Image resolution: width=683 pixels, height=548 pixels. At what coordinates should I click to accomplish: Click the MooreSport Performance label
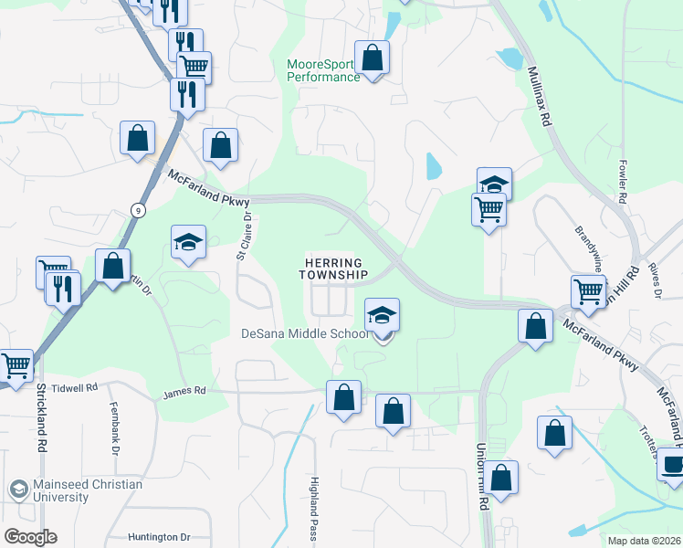(323, 70)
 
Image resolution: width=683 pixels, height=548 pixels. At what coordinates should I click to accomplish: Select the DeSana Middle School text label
(305, 333)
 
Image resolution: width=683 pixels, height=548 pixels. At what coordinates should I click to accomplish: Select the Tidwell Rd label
(74, 388)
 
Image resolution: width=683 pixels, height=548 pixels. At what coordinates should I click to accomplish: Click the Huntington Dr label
(159, 537)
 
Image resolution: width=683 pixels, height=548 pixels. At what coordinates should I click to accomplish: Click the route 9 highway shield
(137, 209)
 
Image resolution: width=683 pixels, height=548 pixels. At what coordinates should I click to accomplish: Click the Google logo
(29, 536)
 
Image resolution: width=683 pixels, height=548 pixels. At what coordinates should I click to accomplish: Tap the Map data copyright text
(643, 541)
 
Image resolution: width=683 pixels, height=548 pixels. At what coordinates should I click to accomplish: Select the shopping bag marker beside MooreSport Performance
(372, 58)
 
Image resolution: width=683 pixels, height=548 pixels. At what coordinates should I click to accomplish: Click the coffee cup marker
(672, 464)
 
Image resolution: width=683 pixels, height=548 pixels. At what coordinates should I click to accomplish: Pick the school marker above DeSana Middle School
(383, 316)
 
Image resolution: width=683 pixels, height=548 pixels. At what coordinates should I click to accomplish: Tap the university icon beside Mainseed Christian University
(17, 490)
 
